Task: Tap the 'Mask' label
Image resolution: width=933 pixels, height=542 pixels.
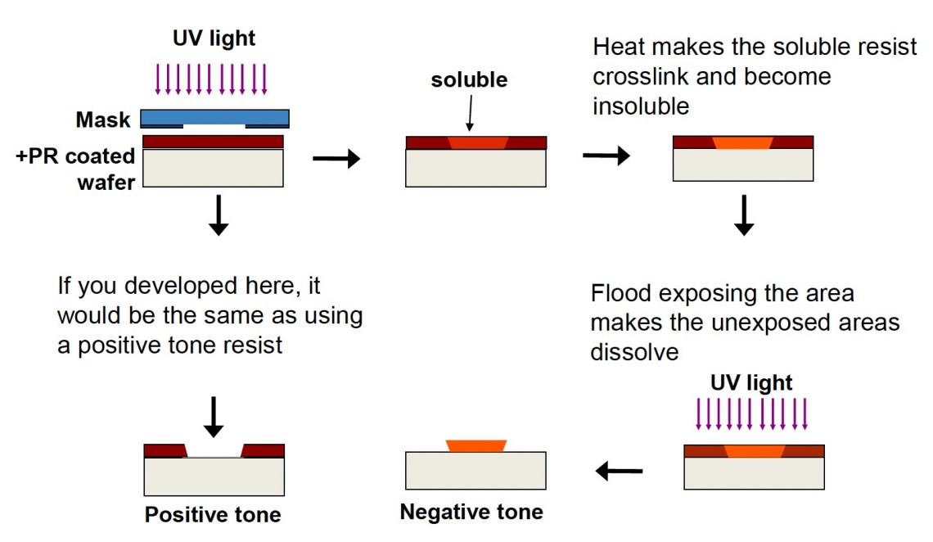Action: point(103,120)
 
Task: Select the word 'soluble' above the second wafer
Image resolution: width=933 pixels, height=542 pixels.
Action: point(469,79)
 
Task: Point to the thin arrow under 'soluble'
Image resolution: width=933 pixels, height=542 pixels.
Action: point(469,111)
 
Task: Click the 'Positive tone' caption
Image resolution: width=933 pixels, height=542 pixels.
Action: point(213,514)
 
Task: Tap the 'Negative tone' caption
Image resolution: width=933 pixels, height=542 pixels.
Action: point(471,513)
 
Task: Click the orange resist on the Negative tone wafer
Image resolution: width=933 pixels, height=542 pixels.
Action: point(476,445)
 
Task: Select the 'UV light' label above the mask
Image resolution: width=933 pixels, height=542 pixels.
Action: point(214,38)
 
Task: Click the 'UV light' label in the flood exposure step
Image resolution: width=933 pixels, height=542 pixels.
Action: point(751,382)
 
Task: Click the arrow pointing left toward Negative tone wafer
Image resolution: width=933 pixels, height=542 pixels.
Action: point(619,471)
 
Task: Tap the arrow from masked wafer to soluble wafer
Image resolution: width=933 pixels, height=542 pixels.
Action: point(336,159)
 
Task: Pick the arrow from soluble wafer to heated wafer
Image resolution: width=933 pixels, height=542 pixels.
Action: point(606,156)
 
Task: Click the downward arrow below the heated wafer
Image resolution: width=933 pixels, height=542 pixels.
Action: point(743,215)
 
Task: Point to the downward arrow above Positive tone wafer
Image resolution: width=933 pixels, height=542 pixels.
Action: point(213,416)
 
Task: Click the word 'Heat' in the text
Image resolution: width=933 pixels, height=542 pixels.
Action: point(617,47)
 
